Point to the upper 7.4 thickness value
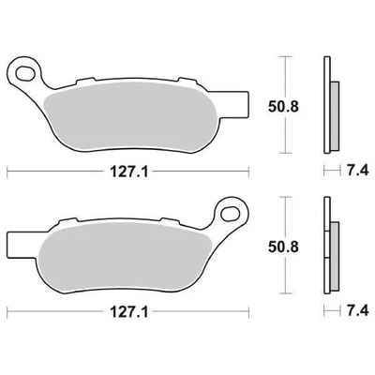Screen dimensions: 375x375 (x=353, y=172)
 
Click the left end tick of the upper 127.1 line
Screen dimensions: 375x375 (x=7, y=172)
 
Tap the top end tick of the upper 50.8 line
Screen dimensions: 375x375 (x=285, y=56)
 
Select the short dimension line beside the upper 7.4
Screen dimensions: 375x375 (x=327, y=172)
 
